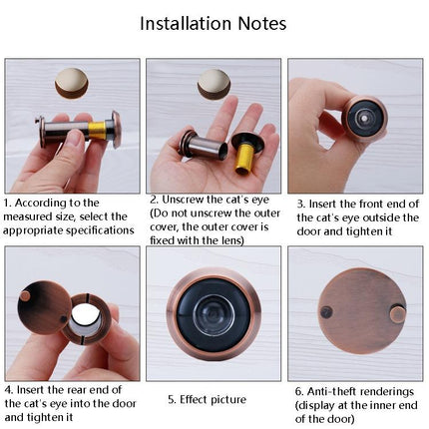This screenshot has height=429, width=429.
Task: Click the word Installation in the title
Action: [x=195, y=23]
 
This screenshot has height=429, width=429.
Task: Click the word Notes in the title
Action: [x=261, y=23]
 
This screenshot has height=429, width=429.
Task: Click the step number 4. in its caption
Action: [x=9, y=388]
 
